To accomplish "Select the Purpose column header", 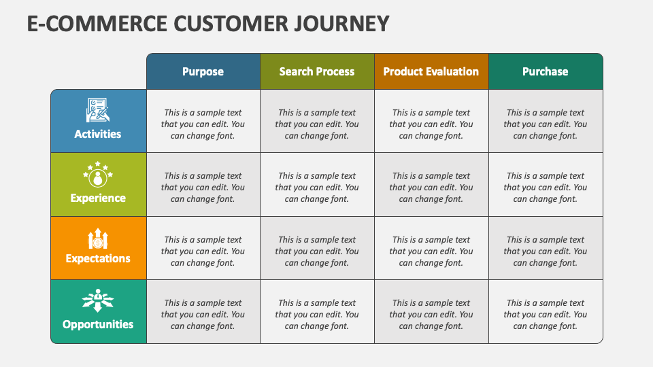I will pyautogui.click(x=203, y=71).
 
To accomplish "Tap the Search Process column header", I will pyautogui.click(x=317, y=71).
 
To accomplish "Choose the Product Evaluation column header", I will pyautogui.click(x=431, y=71).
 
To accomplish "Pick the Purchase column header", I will pyautogui.click(x=546, y=71).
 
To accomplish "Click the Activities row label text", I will pyautogui.click(x=98, y=134).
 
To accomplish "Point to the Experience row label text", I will pyautogui.click(x=98, y=198).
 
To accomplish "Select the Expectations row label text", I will pyautogui.click(x=98, y=258).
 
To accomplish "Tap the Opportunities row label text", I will pyautogui.click(x=98, y=324).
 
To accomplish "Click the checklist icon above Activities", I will pyautogui.click(x=98, y=110).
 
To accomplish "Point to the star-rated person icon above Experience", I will pyautogui.click(x=98, y=175).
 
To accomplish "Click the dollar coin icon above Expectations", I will pyautogui.click(x=98, y=239).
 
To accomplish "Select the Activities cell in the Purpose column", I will pyautogui.click(x=203, y=124).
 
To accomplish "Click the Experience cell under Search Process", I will pyautogui.click(x=317, y=187).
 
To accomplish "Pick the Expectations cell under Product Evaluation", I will pyautogui.click(x=431, y=251).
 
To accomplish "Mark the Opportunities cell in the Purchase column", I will pyautogui.click(x=546, y=314).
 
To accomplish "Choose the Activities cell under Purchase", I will pyautogui.click(x=546, y=124).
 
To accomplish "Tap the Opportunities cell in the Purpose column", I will pyautogui.click(x=203, y=314).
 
